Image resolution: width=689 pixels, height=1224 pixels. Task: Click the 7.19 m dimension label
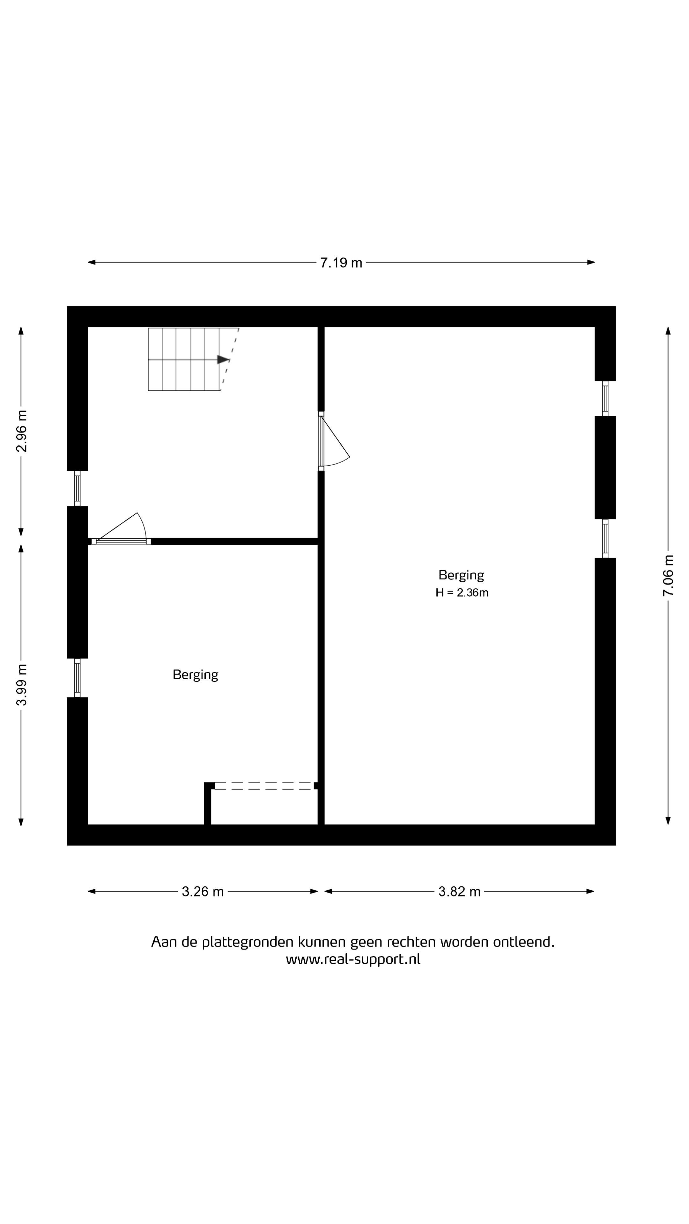(341, 263)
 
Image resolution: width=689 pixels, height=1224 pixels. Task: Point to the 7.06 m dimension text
(668, 575)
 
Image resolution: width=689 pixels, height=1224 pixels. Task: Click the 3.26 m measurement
(203, 892)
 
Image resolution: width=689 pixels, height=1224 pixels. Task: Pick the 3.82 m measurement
(459, 892)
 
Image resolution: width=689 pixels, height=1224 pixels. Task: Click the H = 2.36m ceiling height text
(462, 593)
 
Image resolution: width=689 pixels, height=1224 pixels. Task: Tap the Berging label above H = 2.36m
(461, 575)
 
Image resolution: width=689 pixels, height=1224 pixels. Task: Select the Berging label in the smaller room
(196, 675)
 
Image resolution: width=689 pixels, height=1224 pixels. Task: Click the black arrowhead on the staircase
(223, 360)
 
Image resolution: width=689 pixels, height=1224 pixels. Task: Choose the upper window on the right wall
(605, 399)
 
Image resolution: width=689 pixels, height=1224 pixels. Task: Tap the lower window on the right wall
(605, 538)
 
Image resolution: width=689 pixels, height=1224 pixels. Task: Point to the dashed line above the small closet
(264, 785)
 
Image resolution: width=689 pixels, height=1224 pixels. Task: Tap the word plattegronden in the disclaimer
(247, 942)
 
